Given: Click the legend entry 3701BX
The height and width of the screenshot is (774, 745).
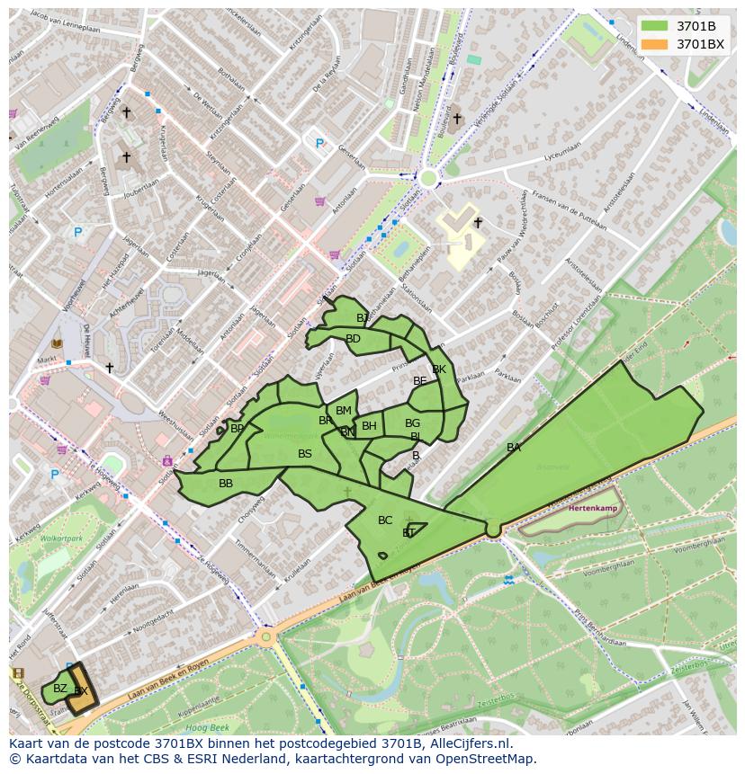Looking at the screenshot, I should tap(700, 43).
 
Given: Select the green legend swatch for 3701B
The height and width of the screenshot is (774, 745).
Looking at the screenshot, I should tap(656, 26).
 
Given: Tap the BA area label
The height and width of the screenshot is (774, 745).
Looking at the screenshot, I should tap(513, 448).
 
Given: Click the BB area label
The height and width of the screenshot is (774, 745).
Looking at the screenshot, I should tap(226, 484).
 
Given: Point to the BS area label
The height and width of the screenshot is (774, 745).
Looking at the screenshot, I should tap(305, 454).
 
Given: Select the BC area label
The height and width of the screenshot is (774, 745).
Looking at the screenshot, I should tap(385, 520).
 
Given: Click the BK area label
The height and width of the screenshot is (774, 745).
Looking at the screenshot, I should tap(439, 369).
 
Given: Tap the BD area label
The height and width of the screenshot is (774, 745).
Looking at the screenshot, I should tap(353, 339).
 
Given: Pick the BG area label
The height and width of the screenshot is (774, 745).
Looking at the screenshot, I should tap(412, 423).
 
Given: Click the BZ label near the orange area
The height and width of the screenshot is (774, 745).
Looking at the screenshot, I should tap(60, 689).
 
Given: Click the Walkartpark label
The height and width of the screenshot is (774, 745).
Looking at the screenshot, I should tap(60, 538).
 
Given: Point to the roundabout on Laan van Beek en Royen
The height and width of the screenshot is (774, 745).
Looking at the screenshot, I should tap(266, 637).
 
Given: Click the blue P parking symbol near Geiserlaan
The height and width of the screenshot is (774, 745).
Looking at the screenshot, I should tap(319, 143).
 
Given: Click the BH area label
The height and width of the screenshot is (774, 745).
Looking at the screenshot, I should tap(369, 426).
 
